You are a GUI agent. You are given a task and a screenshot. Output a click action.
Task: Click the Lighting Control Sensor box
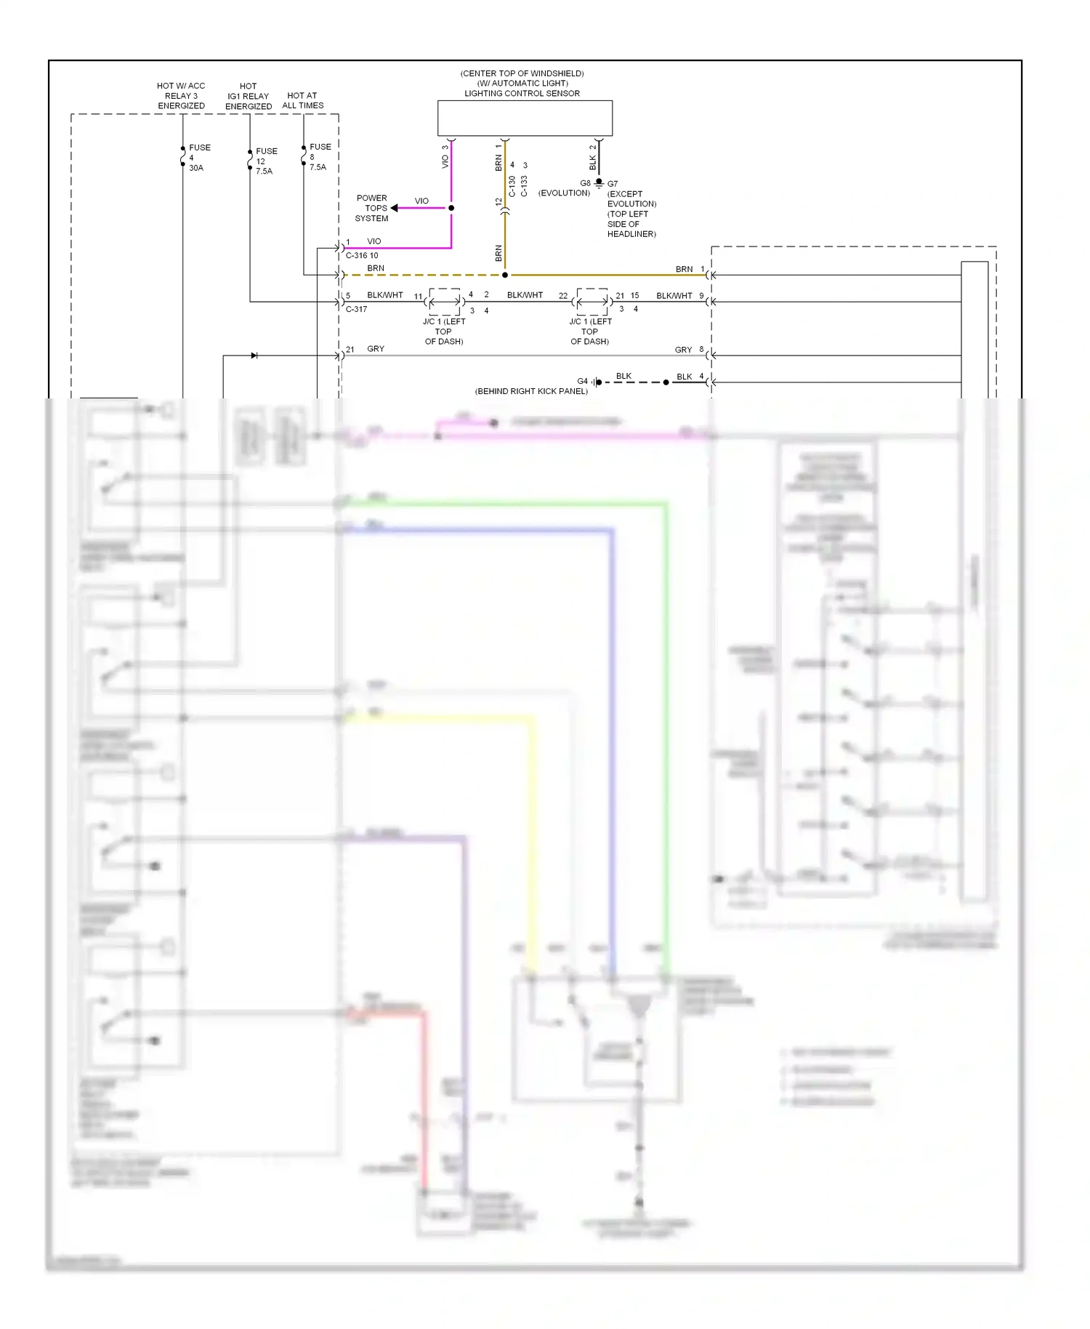coord(525,118)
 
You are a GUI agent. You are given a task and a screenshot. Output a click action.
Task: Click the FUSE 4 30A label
coord(198,158)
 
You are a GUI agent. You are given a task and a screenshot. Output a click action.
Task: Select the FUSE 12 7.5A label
coord(265,161)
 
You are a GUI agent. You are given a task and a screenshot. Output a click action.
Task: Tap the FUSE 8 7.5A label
coord(319,157)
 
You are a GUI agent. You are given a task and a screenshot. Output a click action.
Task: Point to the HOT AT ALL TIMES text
coord(302,100)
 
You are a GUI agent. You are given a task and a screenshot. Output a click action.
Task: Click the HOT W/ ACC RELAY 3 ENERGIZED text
coord(181,96)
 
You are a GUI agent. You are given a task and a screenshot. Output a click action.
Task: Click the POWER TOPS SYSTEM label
coord(371,208)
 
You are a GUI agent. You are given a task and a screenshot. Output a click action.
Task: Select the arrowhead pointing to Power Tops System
coord(395,208)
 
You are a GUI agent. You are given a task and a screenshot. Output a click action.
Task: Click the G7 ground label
coord(613,184)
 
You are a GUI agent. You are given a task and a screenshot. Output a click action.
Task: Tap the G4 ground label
coord(582,381)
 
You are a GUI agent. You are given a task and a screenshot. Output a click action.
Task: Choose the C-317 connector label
coord(356,309)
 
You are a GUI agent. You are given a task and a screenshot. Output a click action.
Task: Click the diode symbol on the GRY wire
coord(254,356)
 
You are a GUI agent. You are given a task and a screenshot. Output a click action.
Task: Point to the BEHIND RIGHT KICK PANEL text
coord(531,391)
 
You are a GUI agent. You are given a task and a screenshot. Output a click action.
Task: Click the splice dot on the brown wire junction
coord(505,276)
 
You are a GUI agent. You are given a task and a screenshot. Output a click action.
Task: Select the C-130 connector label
coord(512,186)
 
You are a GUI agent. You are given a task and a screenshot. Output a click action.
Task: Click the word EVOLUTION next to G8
coord(564,193)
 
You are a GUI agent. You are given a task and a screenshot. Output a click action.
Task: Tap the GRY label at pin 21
coord(376,349)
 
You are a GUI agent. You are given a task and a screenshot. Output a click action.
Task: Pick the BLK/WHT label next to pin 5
coord(384,295)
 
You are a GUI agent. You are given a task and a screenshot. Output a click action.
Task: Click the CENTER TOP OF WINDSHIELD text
coord(522,73)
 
